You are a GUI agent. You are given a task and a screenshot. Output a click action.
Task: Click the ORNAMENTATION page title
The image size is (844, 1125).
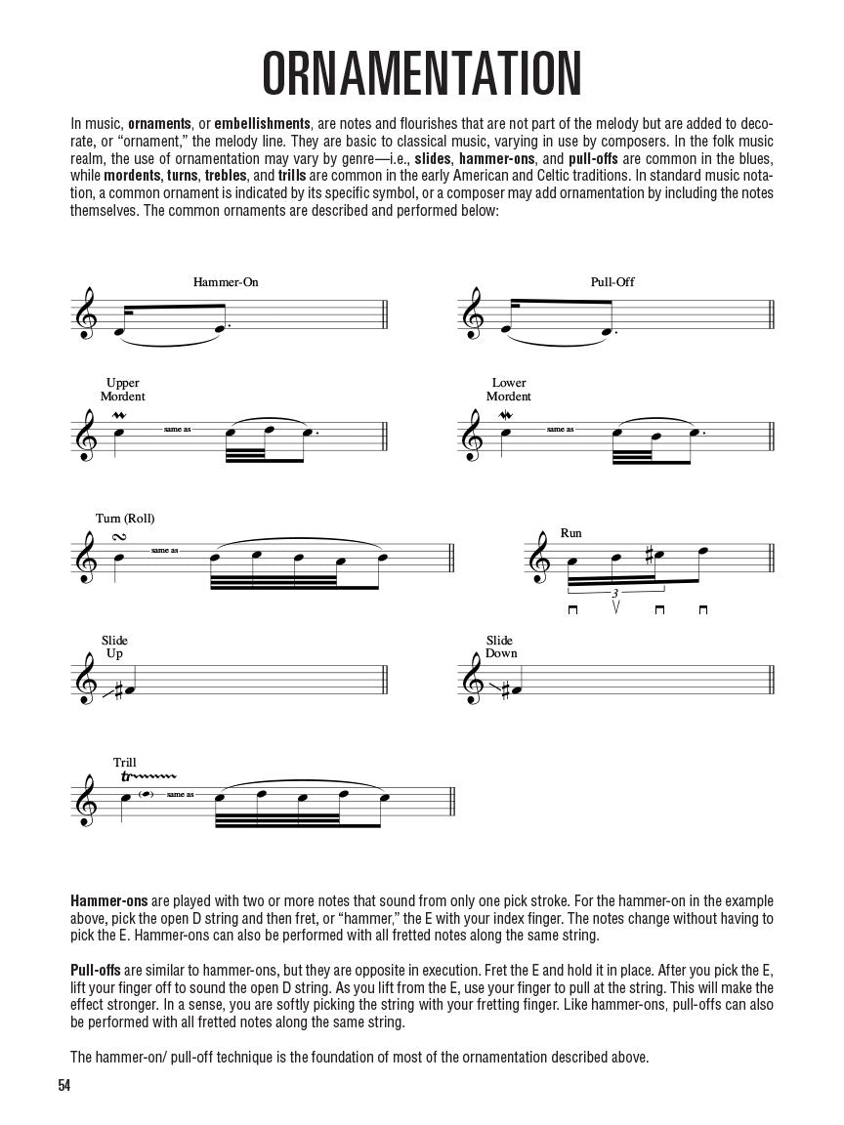point(422,72)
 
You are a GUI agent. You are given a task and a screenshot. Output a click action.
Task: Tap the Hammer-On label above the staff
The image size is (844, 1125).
point(226,282)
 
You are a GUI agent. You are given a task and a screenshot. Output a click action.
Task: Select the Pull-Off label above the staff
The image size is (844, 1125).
point(612,282)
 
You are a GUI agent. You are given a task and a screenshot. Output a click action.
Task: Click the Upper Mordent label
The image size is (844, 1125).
point(122,390)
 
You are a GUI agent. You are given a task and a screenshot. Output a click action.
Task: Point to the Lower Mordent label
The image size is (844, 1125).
point(509,390)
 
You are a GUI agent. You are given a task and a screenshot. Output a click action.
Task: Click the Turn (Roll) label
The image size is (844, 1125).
point(125,518)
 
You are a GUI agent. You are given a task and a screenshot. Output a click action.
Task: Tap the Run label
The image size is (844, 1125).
point(570,533)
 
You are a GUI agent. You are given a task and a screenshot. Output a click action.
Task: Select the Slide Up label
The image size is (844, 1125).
point(114,646)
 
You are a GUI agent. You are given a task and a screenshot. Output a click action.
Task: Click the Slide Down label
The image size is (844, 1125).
point(501,646)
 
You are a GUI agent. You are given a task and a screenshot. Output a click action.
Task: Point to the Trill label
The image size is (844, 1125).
point(124,763)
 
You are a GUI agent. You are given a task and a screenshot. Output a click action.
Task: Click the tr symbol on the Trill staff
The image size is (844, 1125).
point(126,777)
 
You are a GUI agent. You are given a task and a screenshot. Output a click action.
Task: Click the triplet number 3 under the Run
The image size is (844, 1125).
point(614,593)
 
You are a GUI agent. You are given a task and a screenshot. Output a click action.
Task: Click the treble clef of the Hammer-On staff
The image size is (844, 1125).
point(87,312)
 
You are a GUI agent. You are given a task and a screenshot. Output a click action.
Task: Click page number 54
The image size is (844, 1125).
point(65,1085)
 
